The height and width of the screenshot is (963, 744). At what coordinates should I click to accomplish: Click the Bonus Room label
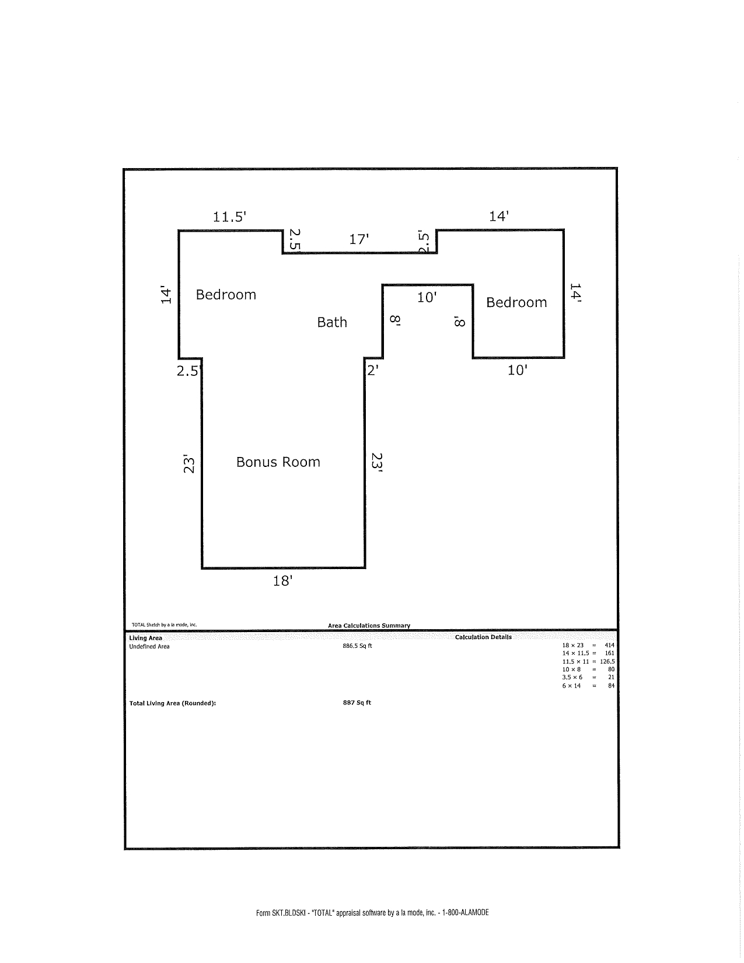(x=278, y=462)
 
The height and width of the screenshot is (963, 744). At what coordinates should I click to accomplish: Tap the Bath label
(x=332, y=322)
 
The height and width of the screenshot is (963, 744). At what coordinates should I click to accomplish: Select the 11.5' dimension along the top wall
(x=229, y=217)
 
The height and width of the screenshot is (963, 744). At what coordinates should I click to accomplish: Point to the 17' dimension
(x=359, y=239)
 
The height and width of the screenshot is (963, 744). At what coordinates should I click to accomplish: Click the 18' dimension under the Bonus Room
(x=282, y=581)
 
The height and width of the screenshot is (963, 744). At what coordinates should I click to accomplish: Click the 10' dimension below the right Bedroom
(x=518, y=370)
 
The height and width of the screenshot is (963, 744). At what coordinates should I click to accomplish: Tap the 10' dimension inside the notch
(x=427, y=298)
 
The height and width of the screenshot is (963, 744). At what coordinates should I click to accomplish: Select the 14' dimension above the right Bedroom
(x=499, y=217)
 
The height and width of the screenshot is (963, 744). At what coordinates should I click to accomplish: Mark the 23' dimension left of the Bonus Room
(x=189, y=463)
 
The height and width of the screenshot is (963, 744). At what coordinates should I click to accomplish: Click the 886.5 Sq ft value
(x=357, y=646)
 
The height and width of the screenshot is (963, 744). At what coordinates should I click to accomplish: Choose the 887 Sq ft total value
(x=357, y=703)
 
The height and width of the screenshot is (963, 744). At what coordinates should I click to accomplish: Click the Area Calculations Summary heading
(x=369, y=626)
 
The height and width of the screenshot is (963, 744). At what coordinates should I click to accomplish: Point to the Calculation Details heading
(x=483, y=637)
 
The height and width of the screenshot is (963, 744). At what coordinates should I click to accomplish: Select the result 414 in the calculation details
(x=609, y=646)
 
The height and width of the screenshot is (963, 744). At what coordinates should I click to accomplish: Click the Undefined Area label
(x=149, y=647)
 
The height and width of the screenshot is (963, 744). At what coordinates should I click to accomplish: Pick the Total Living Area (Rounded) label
(x=173, y=703)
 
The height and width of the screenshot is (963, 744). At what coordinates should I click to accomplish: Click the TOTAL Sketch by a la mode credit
(x=164, y=624)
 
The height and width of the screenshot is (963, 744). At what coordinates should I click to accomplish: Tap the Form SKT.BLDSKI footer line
(x=372, y=912)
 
